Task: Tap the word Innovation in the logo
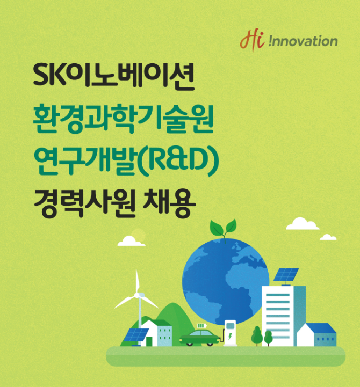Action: click(x=303, y=41)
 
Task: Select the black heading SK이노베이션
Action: click(x=114, y=75)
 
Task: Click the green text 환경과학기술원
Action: click(x=123, y=118)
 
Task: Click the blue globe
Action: click(x=226, y=282)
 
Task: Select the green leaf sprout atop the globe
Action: click(x=223, y=229)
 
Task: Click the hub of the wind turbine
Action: click(x=136, y=295)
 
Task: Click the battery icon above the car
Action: click(x=201, y=326)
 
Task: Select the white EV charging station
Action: click(x=231, y=333)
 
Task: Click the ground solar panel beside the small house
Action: click(x=135, y=335)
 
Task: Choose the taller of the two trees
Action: click(x=257, y=335)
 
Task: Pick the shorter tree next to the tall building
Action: click(x=268, y=338)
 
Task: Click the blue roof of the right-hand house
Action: click(x=321, y=328)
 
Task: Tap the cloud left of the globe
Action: click(x=131, y=241)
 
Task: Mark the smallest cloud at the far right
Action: click(x=328, y=237)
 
